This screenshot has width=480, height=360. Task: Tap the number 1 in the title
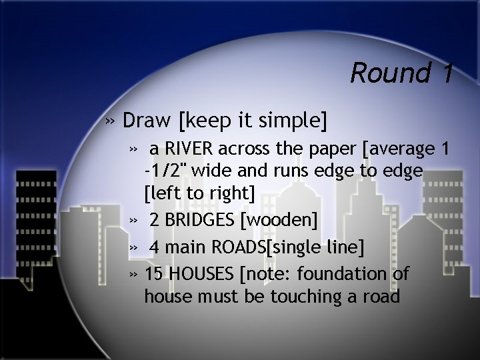pyautogui.click(x=445, y=73)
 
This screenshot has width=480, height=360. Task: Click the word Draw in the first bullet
pyautogui.click(x=148, y=121)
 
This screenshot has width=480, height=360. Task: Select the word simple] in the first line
pyautogui.click(x=294, y=121)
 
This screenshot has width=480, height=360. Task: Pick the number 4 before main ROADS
pyautogui.click(x=154, y=248)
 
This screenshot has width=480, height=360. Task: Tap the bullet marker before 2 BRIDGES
pyautogui.click(x=134, y=220)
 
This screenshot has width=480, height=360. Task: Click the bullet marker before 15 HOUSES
pyautogui.click(x=134, y=273)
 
